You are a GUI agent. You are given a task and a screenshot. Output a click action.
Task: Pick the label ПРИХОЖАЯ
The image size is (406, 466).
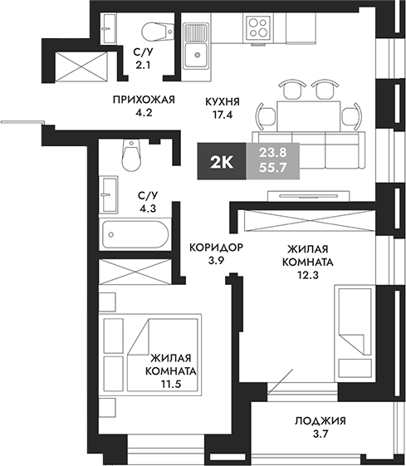[144, 100]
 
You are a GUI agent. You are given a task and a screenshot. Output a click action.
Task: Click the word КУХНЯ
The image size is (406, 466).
[223, 101]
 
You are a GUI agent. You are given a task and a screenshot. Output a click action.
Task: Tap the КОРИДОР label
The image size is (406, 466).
[215, 248]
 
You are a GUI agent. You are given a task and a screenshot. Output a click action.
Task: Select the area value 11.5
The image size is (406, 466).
[171, 385]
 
